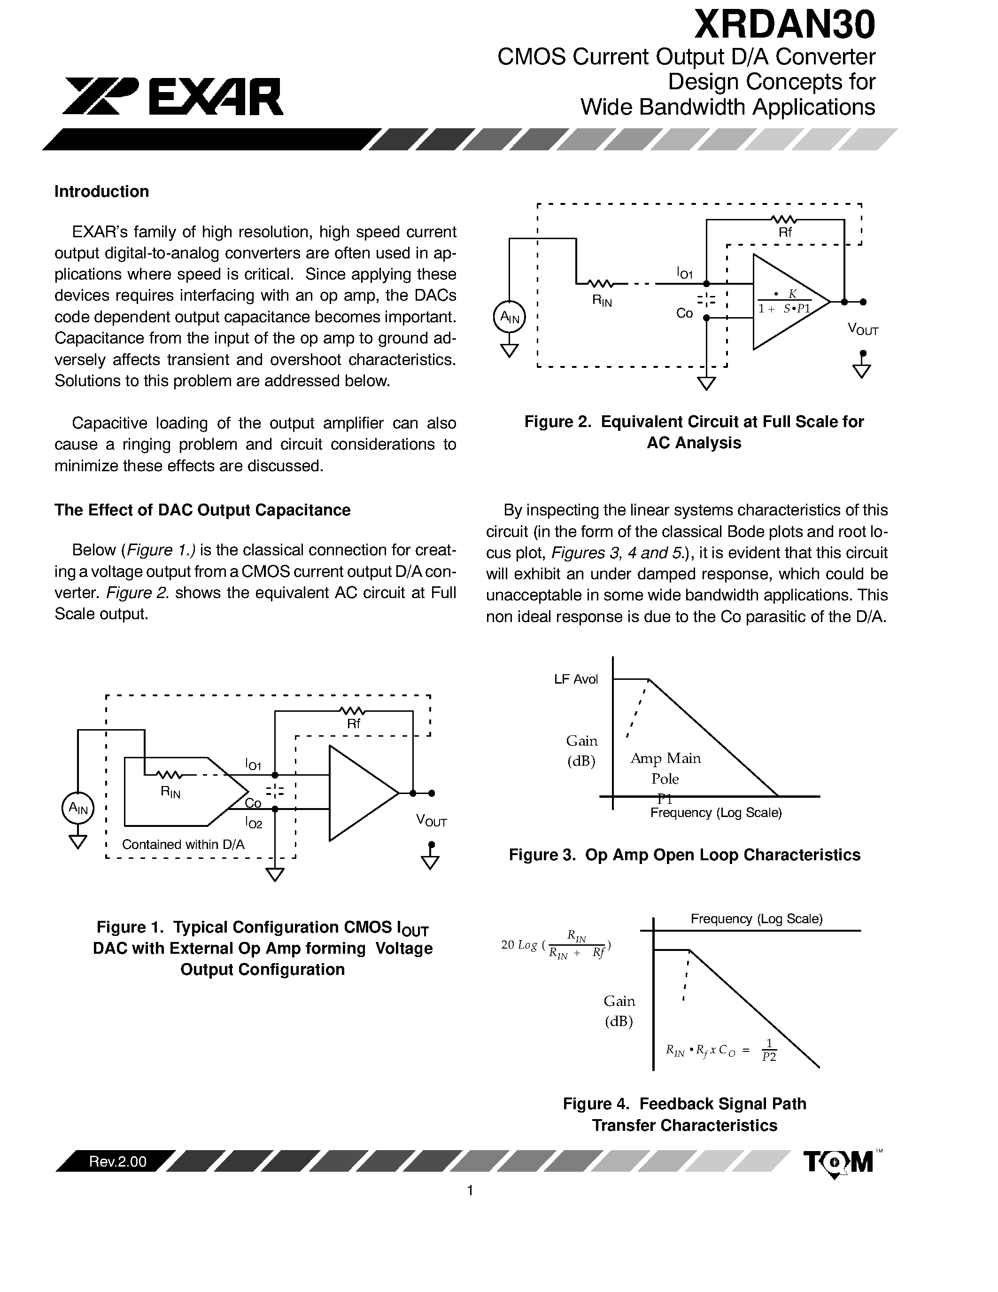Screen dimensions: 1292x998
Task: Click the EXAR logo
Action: click(173, 96)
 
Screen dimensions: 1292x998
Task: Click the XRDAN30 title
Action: click(784, 25)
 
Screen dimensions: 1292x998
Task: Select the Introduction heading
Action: click(102, 192)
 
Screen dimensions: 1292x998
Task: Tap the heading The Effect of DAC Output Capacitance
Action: click(202, 510)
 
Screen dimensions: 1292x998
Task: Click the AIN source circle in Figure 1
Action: click(78, 808)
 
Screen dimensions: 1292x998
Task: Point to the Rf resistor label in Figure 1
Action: click(353, 724)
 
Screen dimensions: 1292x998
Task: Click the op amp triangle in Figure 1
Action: click(358, 793)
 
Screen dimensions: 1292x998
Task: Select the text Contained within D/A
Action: click(183, 844)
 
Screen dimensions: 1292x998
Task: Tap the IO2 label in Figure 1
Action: click(253, 822)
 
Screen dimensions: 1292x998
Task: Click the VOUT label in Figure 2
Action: click(863, 329)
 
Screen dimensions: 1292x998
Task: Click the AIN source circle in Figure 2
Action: click(509, 317)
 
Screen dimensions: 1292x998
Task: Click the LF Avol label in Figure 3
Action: click(576, 679)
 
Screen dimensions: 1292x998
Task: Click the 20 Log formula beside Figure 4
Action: click(556, 945)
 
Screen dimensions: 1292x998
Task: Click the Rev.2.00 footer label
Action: click(118, 1161)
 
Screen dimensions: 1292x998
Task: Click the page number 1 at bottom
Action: click(470, 1190)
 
